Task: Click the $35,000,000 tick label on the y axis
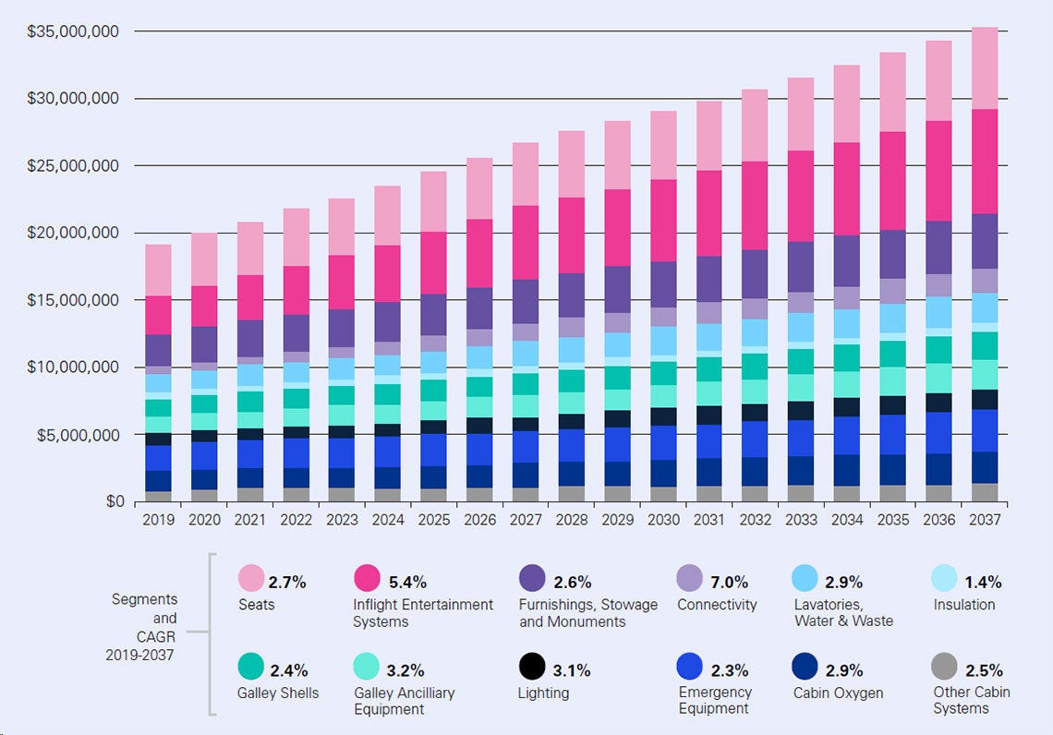coord(74,31)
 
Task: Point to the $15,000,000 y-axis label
coord(74,300)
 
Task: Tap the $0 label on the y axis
coord(115,501)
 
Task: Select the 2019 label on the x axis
coord(158,520)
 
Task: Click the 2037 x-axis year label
coord(985,520)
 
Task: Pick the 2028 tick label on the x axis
coord(572,520)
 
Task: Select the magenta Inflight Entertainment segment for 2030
coord(663,220)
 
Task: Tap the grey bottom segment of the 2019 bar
coord(158,497)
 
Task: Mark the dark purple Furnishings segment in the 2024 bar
coord(388,321)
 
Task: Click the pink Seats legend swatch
coord(251,579)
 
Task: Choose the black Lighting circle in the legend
coord(531,667)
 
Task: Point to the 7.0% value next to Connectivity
coord(730,583)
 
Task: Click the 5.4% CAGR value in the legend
coord(407,583)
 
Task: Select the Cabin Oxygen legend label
coord(839,693)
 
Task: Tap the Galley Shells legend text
coord(278,693)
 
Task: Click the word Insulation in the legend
coord(963,605)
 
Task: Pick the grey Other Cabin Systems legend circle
coord(944,667)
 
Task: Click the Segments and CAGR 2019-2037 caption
coord(144,627)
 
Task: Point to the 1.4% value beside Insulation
coord(983,583)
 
